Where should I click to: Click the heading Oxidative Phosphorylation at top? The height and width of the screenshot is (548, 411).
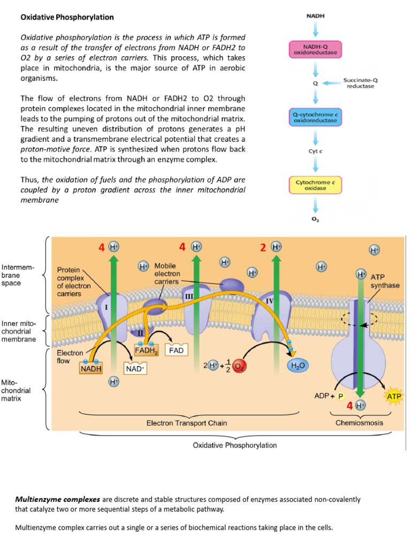pos(67,17)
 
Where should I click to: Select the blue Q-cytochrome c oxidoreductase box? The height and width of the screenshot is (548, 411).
pos(315,118)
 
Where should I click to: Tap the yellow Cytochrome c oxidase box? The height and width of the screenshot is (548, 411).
pos(315,185)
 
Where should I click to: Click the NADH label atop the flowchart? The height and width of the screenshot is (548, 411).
pos(315,17)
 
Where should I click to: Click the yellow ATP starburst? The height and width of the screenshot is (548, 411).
pos(393,397)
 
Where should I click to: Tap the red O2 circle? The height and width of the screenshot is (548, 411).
pos(239,366)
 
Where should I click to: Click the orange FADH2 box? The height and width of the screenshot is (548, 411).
pos(146,351)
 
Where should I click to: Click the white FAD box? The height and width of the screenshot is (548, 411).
pos(177,351)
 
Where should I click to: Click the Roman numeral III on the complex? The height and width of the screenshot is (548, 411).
pos(188,296)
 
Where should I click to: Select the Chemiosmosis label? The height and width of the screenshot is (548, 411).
pos(359,423)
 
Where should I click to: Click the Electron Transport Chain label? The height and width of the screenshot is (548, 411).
pos(187,423)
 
